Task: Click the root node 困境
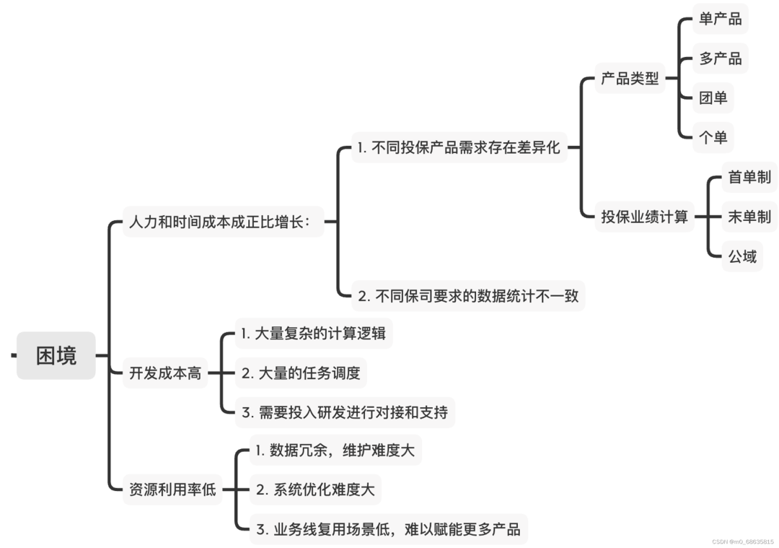point(56,355)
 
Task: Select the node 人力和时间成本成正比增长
point(219,221)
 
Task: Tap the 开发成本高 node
point(165,373)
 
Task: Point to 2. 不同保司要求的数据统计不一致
point(468,295)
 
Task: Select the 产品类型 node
point(630,79)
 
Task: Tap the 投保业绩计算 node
point(645,217)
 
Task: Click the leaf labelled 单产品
point(720,19)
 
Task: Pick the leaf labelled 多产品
point(720,58)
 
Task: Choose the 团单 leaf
point(713,98)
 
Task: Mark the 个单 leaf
point(713,137)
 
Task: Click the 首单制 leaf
point(749,178)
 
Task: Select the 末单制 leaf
point(749,217)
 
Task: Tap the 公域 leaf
point(742,256)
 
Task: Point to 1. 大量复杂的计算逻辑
point(314,334)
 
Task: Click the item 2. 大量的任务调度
point(301,373)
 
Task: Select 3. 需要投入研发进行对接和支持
point(345,412)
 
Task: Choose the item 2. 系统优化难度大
point(315,490)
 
